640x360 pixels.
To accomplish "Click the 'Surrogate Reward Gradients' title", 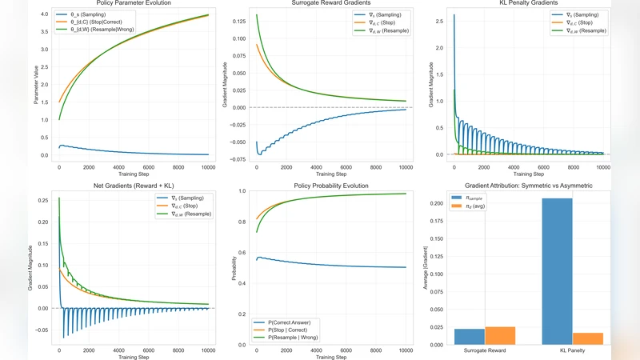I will point(331,4).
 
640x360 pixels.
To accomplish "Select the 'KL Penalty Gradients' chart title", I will point(529,4).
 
